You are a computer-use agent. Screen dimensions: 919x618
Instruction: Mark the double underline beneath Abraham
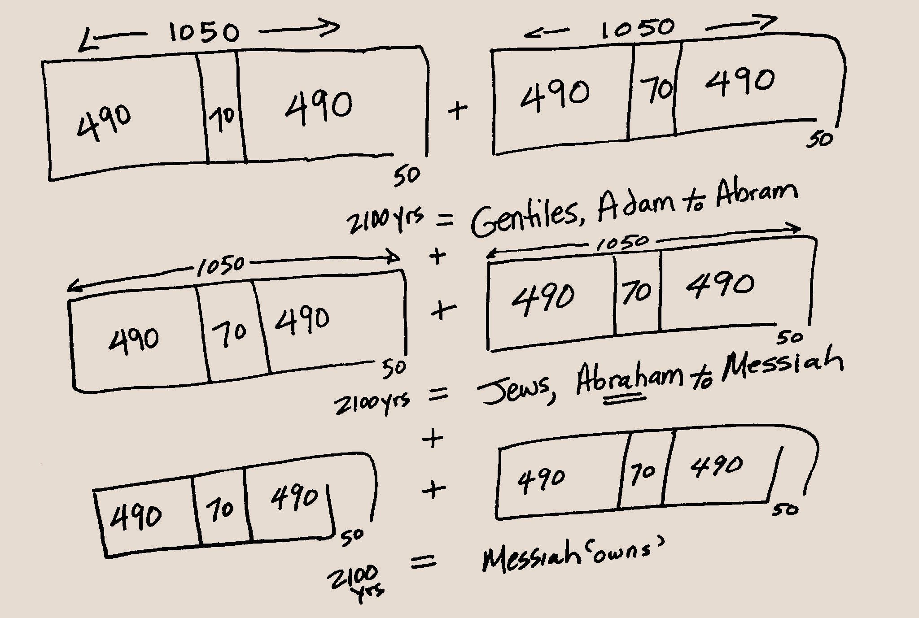pyautogui.click(x=624, y=399)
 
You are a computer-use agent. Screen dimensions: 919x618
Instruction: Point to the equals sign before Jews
pyautogui.click(x=438, y=395)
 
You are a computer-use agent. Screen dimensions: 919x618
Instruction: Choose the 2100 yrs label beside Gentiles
pyautogui.click(x=385, y=221)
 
